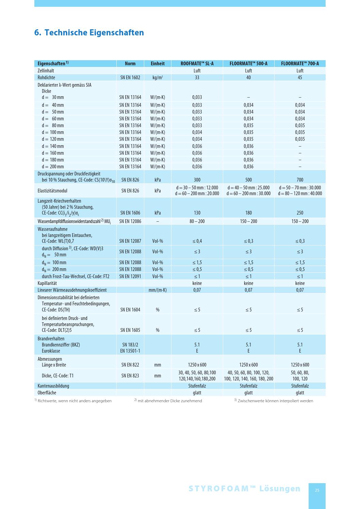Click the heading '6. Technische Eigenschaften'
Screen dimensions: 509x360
[x=89, y=33]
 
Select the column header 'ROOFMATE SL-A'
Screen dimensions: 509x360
[x=197, y=64]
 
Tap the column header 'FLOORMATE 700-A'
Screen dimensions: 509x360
[x=300, y=64]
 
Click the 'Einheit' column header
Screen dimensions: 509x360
[x=158, y=64]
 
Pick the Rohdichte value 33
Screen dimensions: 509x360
[x=197, y=78]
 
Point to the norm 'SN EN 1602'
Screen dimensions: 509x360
[x=130, y=78]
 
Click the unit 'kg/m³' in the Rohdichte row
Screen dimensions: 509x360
[x=158, y=78]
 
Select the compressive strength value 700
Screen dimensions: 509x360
[x=300, y=180]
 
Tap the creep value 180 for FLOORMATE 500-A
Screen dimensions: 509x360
[x=248, y=213]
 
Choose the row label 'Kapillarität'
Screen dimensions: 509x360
[x=47, y=283]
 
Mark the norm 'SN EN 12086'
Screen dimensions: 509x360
[x=130, y=221]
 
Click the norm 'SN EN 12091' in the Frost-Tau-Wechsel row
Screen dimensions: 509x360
[x=130, y=276]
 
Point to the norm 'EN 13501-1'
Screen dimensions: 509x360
[x=130, y=351]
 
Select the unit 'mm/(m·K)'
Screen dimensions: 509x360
[x=158, y=290]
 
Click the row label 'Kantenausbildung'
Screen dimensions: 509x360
[x=53, y=386]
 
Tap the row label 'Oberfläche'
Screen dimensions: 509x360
[x=47, y=393]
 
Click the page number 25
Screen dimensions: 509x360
[x=317, y=490]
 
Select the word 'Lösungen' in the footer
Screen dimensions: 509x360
[x=280, y=489]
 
